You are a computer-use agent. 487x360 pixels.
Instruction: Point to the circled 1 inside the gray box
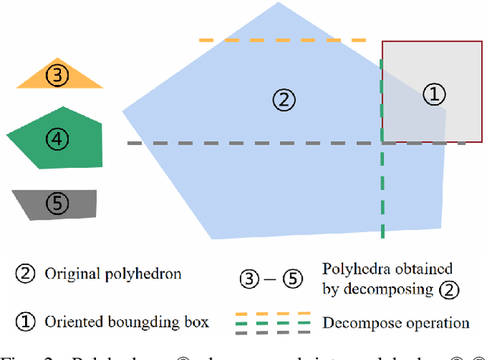(x=433, y=94)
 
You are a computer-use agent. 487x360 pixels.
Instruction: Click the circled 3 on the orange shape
(x=57, y=74)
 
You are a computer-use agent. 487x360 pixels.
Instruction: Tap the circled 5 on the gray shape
(x=57, y=204)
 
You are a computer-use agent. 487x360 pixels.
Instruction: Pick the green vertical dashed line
(x=382, y=190)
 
